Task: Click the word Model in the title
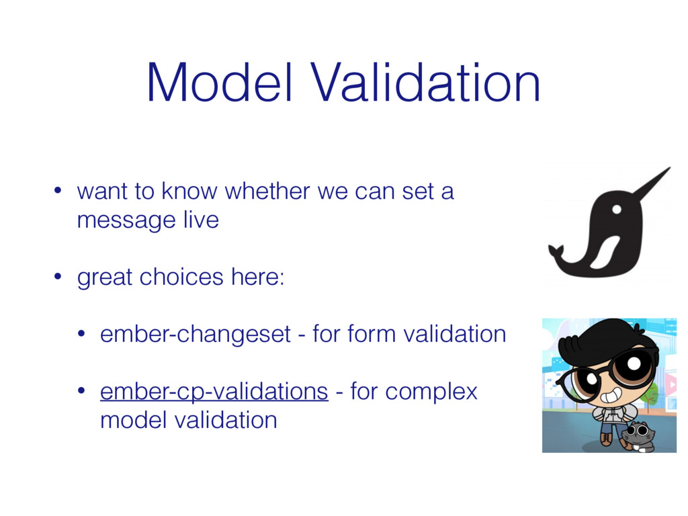(219, 83)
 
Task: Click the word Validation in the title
(425, 83)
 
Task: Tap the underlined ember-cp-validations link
(214, 392)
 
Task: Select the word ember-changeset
(196, 335)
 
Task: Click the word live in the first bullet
(201, 220)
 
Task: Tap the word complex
(431, 392)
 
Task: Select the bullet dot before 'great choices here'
(58, 277)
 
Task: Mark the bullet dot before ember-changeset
(81, 334)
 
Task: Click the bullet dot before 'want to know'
(58, 191)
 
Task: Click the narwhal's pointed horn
(652, 183)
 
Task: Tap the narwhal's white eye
(617, 210)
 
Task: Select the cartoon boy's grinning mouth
(611, 396)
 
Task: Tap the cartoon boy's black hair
(602, 340)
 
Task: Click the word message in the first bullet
(126, 220)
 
